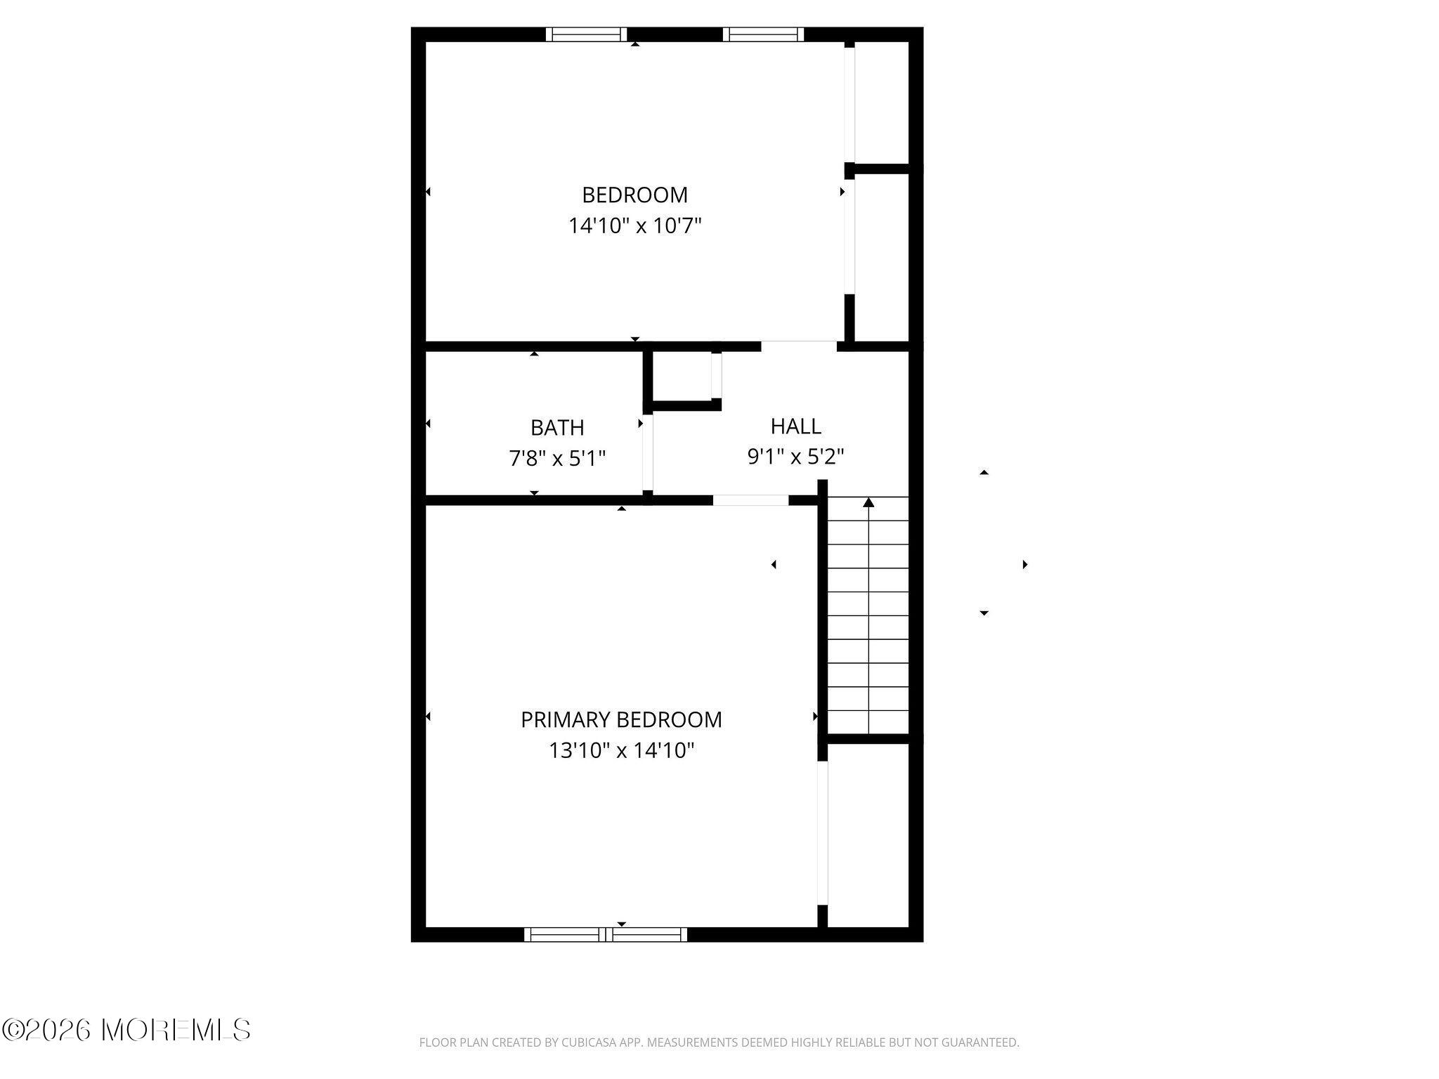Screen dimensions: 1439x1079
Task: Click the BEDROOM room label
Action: pos(634,195)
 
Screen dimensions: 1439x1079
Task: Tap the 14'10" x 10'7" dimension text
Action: pos(635,225)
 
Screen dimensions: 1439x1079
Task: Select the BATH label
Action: pos(557,427)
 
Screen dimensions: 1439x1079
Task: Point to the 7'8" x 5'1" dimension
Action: pos(557,458)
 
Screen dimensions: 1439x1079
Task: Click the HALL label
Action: pos(795,426)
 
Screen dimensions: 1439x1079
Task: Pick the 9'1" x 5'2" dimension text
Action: pos(795,457)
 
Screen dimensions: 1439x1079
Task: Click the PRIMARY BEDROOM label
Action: pos(621,719)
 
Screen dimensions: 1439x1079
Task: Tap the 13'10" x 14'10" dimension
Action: pos(621,750)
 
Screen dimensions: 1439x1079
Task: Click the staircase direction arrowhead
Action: pos(868,502)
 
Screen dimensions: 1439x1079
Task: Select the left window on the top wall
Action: pos(586,34)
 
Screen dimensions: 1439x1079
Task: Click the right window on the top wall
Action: pos(764,34)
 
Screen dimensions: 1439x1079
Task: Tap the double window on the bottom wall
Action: pos(606,934)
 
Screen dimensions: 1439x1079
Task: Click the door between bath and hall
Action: pos(648,453)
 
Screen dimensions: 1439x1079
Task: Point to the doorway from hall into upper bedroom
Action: pos(799,346)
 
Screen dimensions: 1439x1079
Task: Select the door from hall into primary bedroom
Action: pos(750,500)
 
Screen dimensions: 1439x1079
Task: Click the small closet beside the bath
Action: pos(682,376)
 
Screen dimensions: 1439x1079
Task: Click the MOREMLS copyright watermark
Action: pos(126,1030)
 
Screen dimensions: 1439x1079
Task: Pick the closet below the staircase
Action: pos(868,835)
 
